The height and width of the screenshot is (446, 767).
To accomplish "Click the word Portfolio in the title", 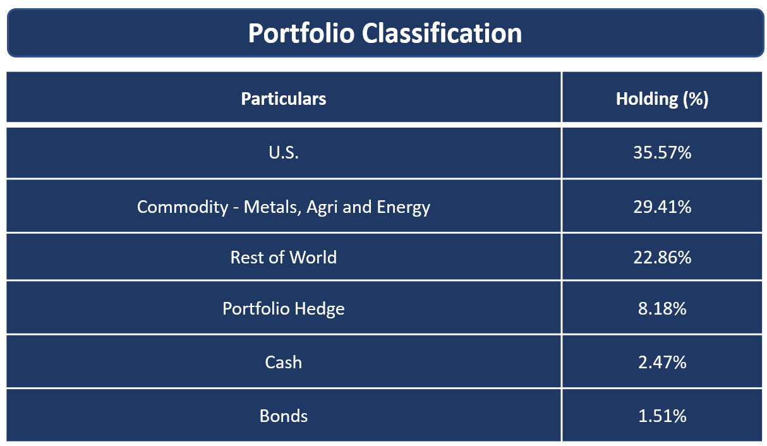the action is point(301,33).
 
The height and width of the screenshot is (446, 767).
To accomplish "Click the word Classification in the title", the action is point(442,33).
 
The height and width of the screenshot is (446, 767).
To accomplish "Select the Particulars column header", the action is point(284,99).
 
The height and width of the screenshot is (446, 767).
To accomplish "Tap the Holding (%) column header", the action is point(662,99).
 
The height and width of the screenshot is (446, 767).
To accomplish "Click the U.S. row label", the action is point(284,153).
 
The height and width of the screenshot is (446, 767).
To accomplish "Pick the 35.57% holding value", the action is point(662,153).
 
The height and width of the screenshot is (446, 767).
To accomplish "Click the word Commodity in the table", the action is point(183,207).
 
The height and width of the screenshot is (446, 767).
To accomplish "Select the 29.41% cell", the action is point(662,207).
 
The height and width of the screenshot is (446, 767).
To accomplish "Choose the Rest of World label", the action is point(284,257).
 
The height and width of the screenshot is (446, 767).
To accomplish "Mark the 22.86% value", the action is point(662,257).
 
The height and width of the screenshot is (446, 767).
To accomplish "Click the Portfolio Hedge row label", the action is point(284,309).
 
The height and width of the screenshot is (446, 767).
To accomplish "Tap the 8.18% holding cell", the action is point(662,308).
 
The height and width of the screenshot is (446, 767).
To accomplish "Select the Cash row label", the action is point(284,363).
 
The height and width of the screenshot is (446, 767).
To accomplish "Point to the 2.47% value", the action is point(662,363).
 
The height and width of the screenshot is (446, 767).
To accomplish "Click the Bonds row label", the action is point(284,416).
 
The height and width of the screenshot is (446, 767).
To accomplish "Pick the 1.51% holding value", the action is point(662,416).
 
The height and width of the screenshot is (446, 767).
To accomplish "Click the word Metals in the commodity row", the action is point(272,207).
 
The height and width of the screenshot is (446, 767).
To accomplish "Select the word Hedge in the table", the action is point(320,309).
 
